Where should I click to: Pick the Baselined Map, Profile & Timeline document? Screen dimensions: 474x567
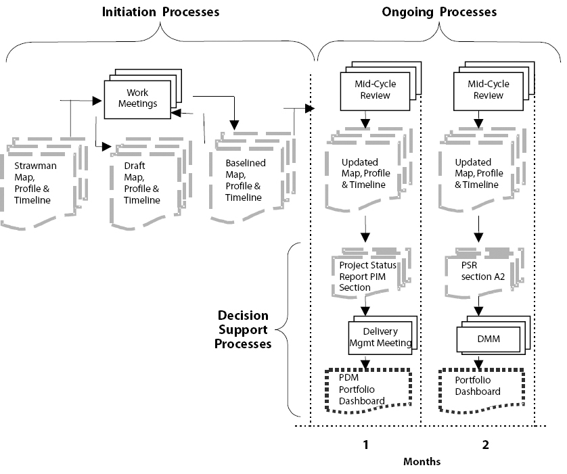click(246, 180)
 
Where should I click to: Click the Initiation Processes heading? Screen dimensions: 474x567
click(160, 12)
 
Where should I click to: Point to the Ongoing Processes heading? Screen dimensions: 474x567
click(438, 12)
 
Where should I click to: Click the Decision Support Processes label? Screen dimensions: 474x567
click(243, 330)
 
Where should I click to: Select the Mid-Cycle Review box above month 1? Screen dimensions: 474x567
click(375, 90)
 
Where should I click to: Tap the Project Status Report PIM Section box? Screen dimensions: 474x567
click(365, 276)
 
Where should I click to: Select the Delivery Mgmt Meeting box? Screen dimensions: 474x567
click(380, 337)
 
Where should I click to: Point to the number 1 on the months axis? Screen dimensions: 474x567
click(365, 445)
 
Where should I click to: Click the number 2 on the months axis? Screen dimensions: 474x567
click(484, 445)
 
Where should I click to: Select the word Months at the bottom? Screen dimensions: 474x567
click(422, 462)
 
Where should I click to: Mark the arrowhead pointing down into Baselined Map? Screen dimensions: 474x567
click(234, 124)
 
